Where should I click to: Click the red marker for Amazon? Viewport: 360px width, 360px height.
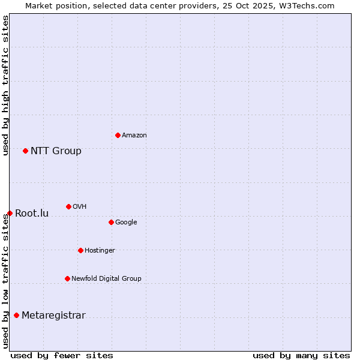pos(118,135)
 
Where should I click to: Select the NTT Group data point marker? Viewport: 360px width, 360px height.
pos(25,151)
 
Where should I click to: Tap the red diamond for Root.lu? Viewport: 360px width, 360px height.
pos(10,213)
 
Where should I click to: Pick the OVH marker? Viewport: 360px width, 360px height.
pos(68,206)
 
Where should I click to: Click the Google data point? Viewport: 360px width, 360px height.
pos(111,222)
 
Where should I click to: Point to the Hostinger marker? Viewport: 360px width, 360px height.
pos(80,250)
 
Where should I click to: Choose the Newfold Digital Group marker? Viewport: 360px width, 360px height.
pos(67,278)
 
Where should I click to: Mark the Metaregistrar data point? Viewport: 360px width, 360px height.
pos(16,315)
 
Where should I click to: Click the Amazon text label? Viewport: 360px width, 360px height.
pos(134,135)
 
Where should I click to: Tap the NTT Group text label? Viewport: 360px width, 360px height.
pos(56,151)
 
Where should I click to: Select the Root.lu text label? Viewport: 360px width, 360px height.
pos(32,213)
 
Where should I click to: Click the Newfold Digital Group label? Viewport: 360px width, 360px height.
pos(106,278)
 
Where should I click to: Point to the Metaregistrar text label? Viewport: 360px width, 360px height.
pos(53,316)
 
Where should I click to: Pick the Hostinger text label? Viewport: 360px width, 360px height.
pos(100,250)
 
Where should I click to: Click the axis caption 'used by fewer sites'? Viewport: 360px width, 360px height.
pos(62,355)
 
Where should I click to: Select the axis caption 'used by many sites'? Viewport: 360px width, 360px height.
pos(301,355)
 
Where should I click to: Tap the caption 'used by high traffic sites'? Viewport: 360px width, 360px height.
pos(5,85)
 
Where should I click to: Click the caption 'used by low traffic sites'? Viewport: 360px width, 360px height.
pos(5,281)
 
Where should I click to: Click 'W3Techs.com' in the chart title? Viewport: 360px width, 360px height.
pos(310,5)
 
